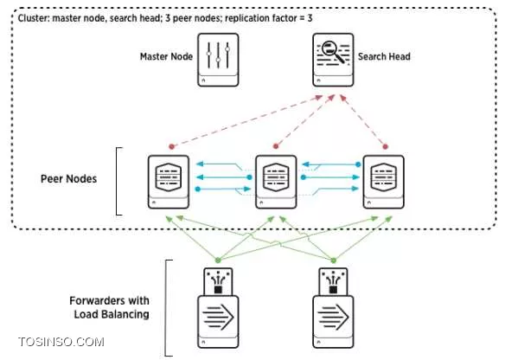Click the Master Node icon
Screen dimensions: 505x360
[218, 60]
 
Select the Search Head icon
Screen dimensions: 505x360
[333, 60]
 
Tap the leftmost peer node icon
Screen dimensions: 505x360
[169, 182]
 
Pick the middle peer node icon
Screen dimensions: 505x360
[276, 182]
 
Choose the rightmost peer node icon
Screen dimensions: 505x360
[384, 182]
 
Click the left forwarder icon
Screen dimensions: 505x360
[218, 308]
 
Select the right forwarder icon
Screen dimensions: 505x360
[333, 308]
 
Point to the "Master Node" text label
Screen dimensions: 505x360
[166, 57]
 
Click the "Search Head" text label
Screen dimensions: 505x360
[384, 57]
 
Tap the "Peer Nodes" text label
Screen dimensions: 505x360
[68, 179]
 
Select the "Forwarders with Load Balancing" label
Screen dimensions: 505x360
[110, 307]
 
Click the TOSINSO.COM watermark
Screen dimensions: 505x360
[61, 342]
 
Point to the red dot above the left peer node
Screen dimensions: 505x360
[172, 146]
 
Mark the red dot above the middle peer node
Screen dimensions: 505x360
[276, 146]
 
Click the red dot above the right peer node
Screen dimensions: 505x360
[385, 146]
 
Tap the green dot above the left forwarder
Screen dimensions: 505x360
[218, 260]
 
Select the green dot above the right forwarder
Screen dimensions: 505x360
[333, 260]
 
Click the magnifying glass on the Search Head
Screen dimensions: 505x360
[332, 50]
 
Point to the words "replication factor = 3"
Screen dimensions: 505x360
[269, 18]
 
